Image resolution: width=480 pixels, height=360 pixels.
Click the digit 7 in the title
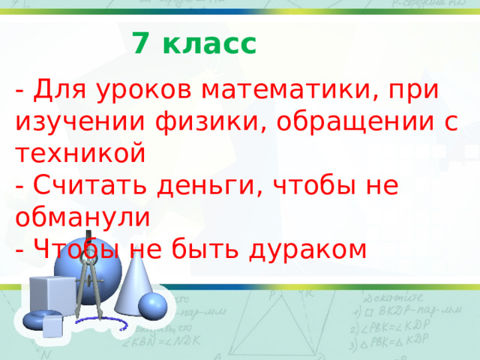[139, 43]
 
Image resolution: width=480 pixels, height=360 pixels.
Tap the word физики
[207, 122]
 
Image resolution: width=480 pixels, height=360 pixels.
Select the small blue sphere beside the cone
[153, 305]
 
